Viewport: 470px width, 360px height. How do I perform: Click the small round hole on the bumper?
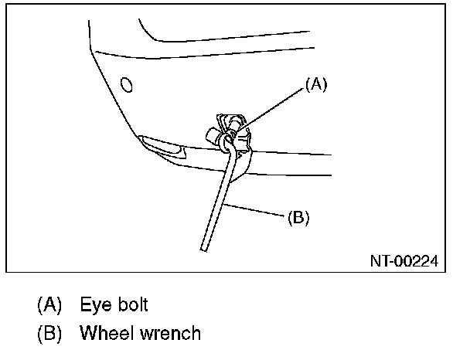(126, 83)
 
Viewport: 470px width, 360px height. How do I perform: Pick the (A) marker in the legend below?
(49, 304)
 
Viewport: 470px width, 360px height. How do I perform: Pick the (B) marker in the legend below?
(49, 333)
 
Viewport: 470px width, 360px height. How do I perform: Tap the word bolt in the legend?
(131, 304)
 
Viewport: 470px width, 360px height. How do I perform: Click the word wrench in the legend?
(170, 333)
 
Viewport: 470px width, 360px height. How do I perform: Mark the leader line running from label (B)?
(259, 210)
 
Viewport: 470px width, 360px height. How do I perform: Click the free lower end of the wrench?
(204, 246)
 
